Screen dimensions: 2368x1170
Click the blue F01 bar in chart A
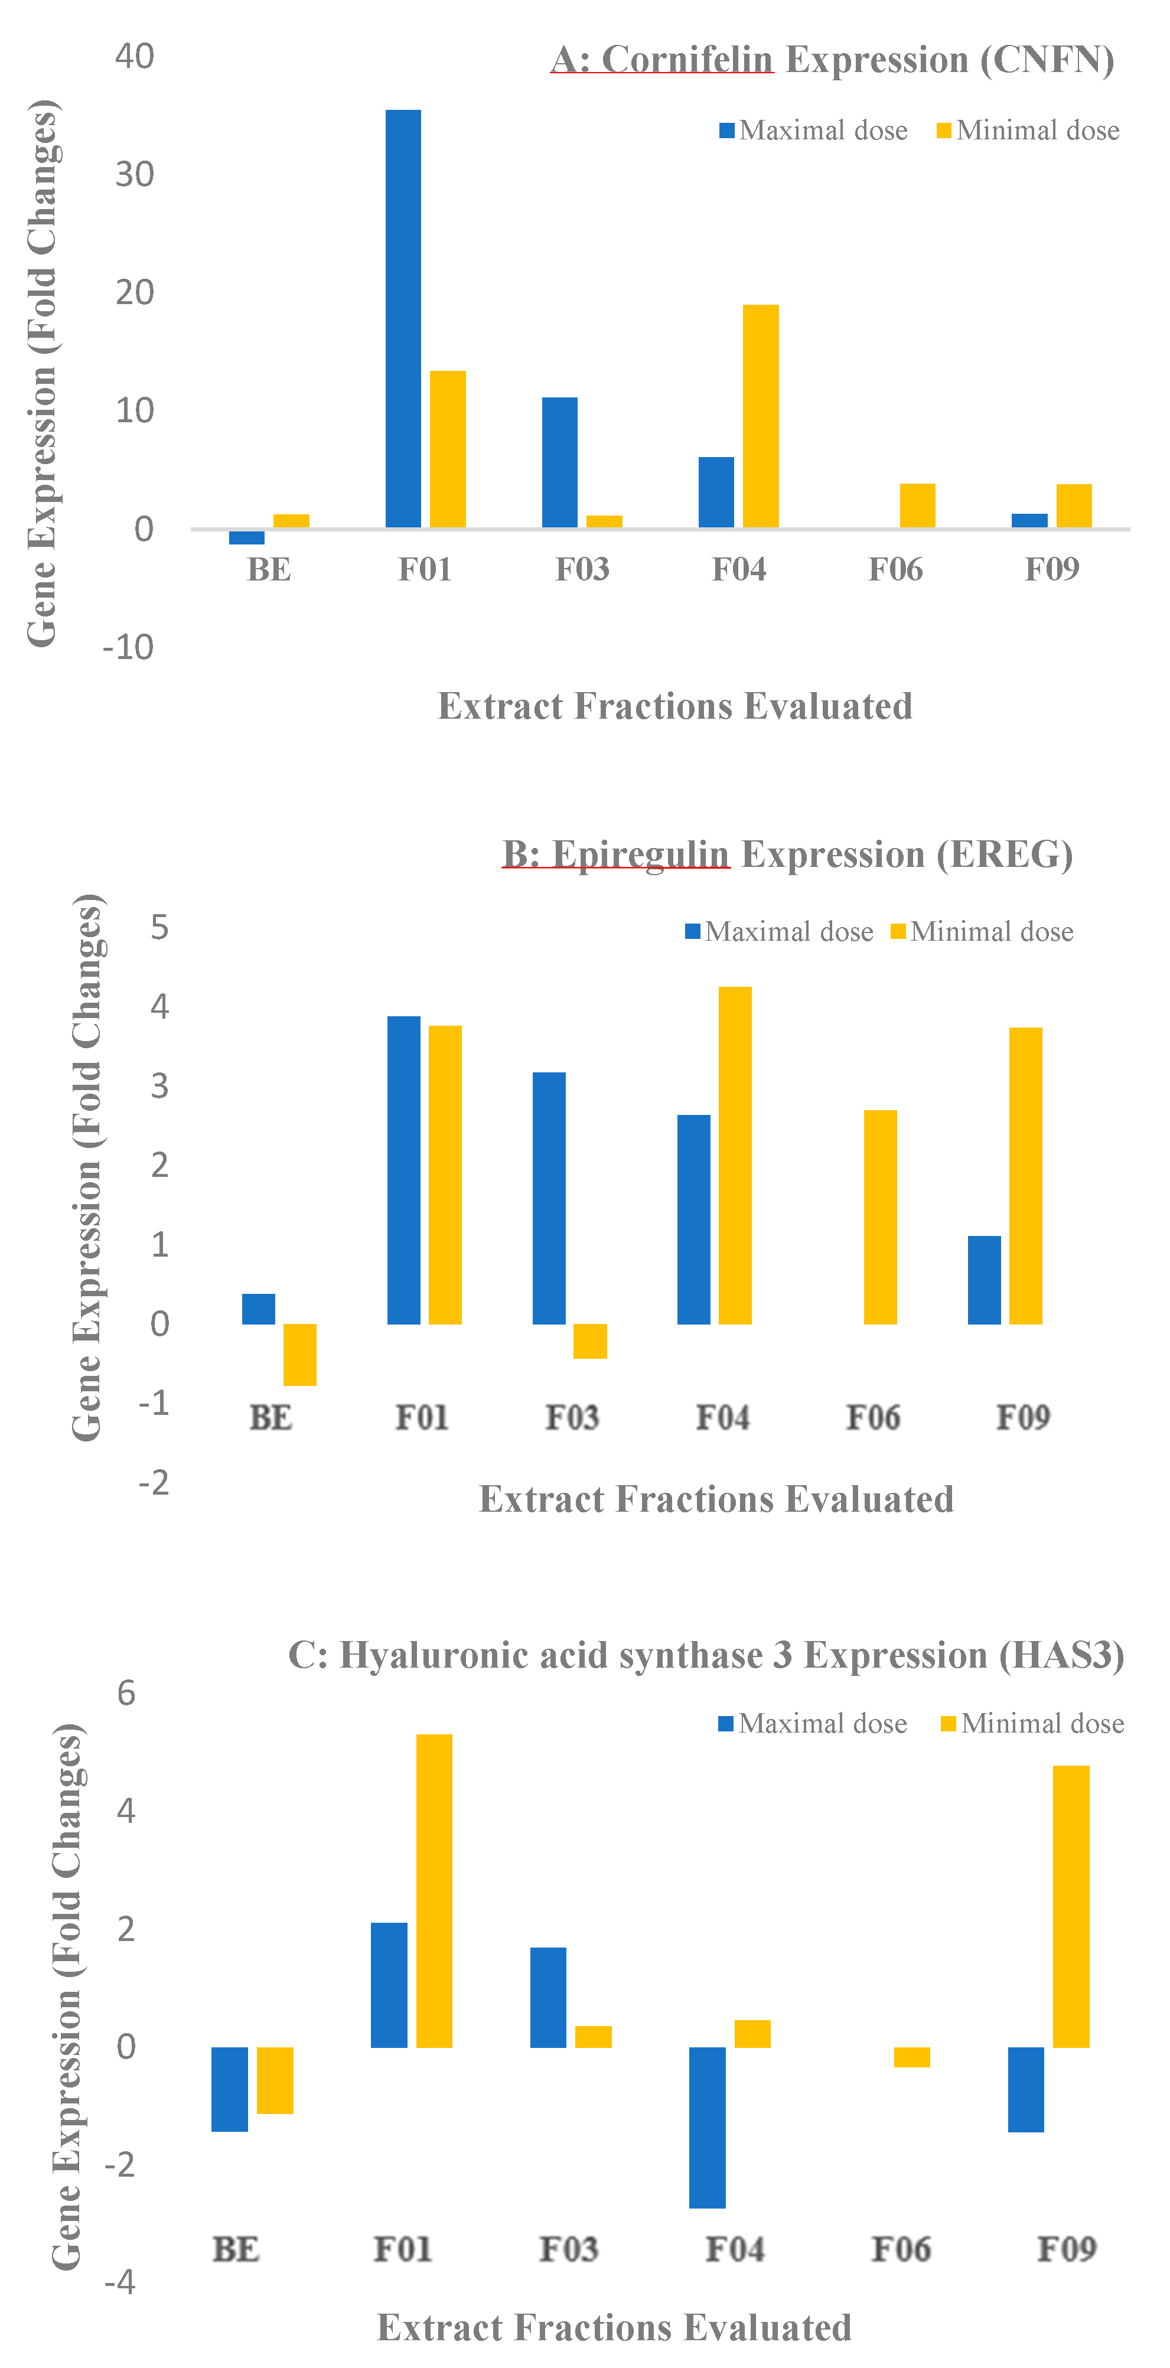click(x=403, y=318)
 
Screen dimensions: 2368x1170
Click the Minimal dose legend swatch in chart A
click(x=944, y=131)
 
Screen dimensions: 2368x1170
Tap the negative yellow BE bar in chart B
click(x=299, y=1354)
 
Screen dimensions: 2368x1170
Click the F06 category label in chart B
click(x=872, y=1417)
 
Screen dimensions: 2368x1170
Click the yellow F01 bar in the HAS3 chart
click(x=434, y=1890)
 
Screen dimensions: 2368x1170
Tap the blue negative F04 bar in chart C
click(x=707, y=2126)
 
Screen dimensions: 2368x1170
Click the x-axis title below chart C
click(x=614, y=2327)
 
